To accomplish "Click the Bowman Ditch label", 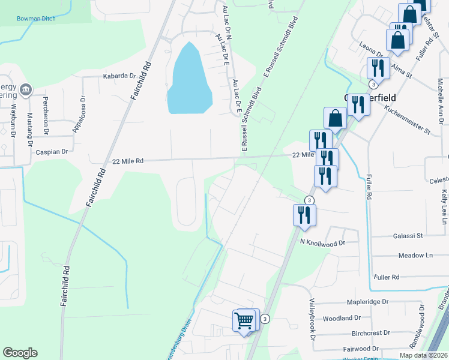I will pyautogui.click(x=36, y=19).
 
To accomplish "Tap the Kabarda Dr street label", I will pyautogui.click(x=120, y=76).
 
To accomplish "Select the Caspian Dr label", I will pyautogui.click(x=52, y=152).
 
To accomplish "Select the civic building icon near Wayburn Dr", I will pyautogui.click(x=25, y=90).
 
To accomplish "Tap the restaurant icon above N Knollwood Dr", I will pyautogui.click(x=304, y=215).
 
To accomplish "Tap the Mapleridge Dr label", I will pyautogui.click(x=367, y=302).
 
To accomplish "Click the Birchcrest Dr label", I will pyautogui.click(x=370, y=332).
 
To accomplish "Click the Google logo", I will pyautogui.click(x=20, y=353).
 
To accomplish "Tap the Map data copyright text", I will pyautogui.click(x=423, y=355).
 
